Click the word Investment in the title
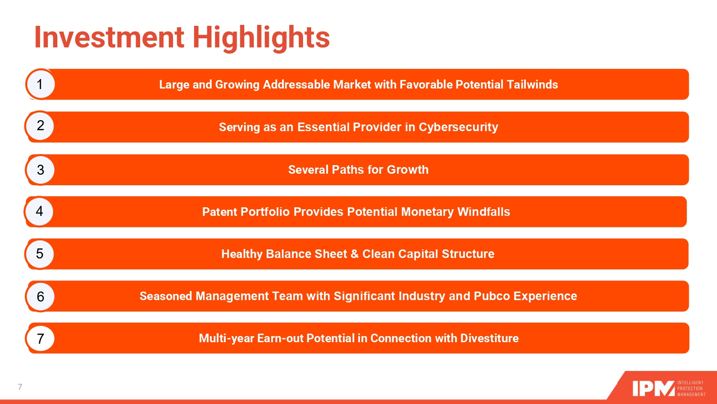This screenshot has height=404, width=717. tap(109, 37)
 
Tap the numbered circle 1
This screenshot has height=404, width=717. tap(40, 84)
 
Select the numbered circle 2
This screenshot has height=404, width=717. tap(40, 126)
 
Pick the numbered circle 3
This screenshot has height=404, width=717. tap(40, 169)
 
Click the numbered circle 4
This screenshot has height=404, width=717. tap(39, 211)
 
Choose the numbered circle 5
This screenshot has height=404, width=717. tap(39, 254)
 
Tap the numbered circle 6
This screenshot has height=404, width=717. tap(40, 297)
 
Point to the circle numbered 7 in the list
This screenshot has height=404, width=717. tap(40, 338)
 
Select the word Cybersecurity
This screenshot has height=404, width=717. tap(458, 127)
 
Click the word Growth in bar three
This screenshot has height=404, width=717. tap(407, 169)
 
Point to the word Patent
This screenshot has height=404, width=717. tap(219, 212)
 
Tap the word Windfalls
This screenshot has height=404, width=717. tap(483, 212)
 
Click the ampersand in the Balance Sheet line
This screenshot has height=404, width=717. tap(354, 254)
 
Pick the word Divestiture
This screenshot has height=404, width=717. tap(489, 338)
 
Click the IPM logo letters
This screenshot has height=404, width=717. tap(653, 388)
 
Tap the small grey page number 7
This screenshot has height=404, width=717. tap(20, 387)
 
